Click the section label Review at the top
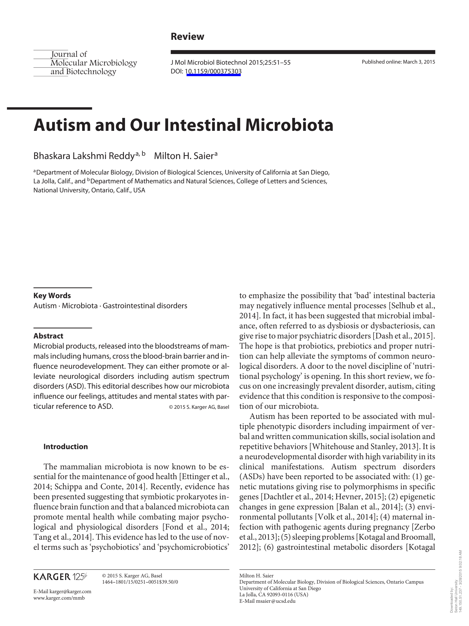click(187, 36)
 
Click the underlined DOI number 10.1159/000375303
click(213, 71)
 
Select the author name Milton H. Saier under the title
click(184, 156)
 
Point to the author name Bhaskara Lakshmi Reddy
click(84, 156)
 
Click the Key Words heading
click(52, 296)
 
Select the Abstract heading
click(48, 336)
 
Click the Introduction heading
click(66, 447)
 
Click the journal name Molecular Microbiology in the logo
click(93, 63)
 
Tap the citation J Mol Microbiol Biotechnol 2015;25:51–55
click(230, 63)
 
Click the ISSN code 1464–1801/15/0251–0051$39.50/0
click(140, 582)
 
